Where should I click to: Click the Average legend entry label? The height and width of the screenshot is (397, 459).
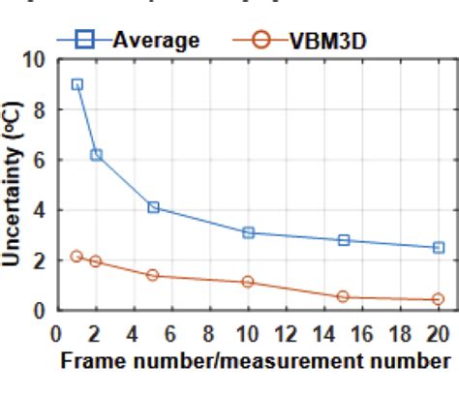[x=155, y=40]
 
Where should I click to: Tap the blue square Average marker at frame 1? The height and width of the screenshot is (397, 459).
[x=77, y=84]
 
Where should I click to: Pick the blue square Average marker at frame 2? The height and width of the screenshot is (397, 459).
[x=96, y=155]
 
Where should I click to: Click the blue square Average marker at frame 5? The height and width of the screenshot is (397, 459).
[x=153, y=207]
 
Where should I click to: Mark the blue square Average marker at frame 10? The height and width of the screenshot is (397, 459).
[x=248, y=232]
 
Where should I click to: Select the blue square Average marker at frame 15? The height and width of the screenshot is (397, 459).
[x=343, y=240]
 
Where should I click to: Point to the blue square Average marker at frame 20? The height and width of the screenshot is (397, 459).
[x=438, y=248]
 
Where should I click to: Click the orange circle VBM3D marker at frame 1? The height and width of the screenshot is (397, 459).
[x=77, y=257]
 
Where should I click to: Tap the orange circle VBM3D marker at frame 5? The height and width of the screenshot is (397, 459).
[x=153, y=275]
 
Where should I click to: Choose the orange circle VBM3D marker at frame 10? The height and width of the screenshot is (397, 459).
[x=248, y=282]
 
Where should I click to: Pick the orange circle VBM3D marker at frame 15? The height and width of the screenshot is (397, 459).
[x=343, y=296]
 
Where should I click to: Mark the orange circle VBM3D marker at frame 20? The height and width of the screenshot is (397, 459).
[x=438, y=299]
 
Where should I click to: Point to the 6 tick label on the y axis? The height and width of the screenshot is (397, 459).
[x=40, y=160]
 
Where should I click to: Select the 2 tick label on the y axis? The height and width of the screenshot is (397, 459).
[x=40, y=260]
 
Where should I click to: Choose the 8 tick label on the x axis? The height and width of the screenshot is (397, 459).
[x=210, y=334]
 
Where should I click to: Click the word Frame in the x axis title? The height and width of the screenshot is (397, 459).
[x=90, y=361]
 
